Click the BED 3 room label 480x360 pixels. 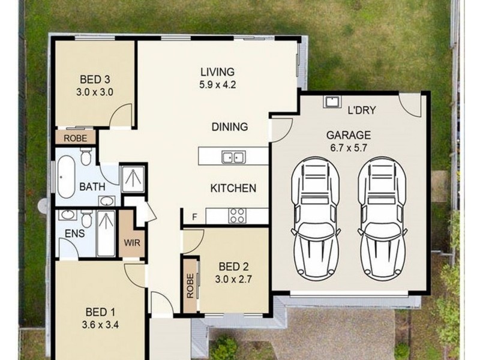click(x=94, y=79)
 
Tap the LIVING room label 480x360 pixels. click(x=217, y=73)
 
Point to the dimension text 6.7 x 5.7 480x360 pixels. click(x=348, y=148)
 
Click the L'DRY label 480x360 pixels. click(x=362, y=110)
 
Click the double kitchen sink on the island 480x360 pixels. click(x=233, y=158)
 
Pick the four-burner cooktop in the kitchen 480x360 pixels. click(x=237, y=215)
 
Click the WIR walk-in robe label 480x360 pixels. click(x=131, y=244)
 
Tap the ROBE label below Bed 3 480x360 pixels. click(x=76, y=138)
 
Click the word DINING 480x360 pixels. click(x=229, y=127)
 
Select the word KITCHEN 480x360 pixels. click(x=233, y=188)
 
